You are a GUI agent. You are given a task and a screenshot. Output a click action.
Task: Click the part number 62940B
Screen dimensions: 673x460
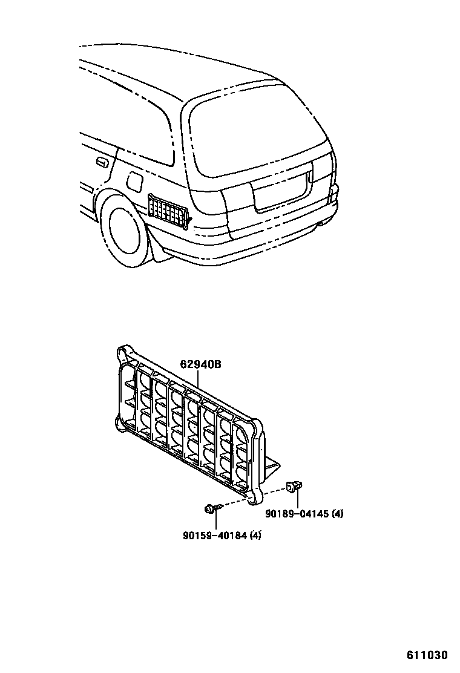(x=200, y=364)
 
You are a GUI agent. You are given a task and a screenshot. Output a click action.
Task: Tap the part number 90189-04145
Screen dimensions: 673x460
(x=298, y=514)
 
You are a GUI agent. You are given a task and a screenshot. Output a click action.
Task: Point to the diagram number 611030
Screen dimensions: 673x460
(x=427, y=655)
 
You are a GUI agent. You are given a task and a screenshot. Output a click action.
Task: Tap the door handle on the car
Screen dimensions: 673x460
(x=102, y=162)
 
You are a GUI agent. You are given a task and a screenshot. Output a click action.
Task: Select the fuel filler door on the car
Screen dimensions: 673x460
(x=135, y=180)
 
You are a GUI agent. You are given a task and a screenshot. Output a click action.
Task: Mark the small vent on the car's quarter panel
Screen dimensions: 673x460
(x=168, y=211)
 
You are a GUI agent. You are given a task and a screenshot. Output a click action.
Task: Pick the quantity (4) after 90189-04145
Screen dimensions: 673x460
(x=337, y=514)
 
